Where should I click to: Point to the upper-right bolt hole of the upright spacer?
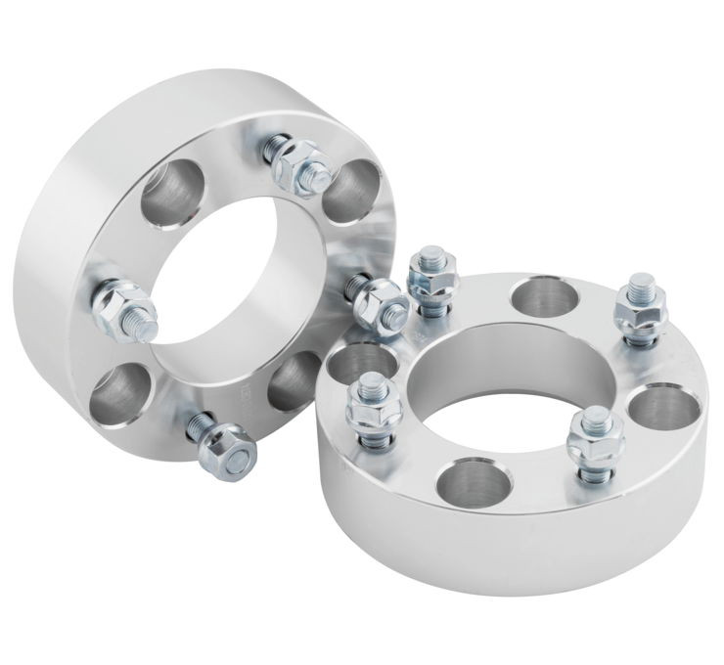click(349, 188)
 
